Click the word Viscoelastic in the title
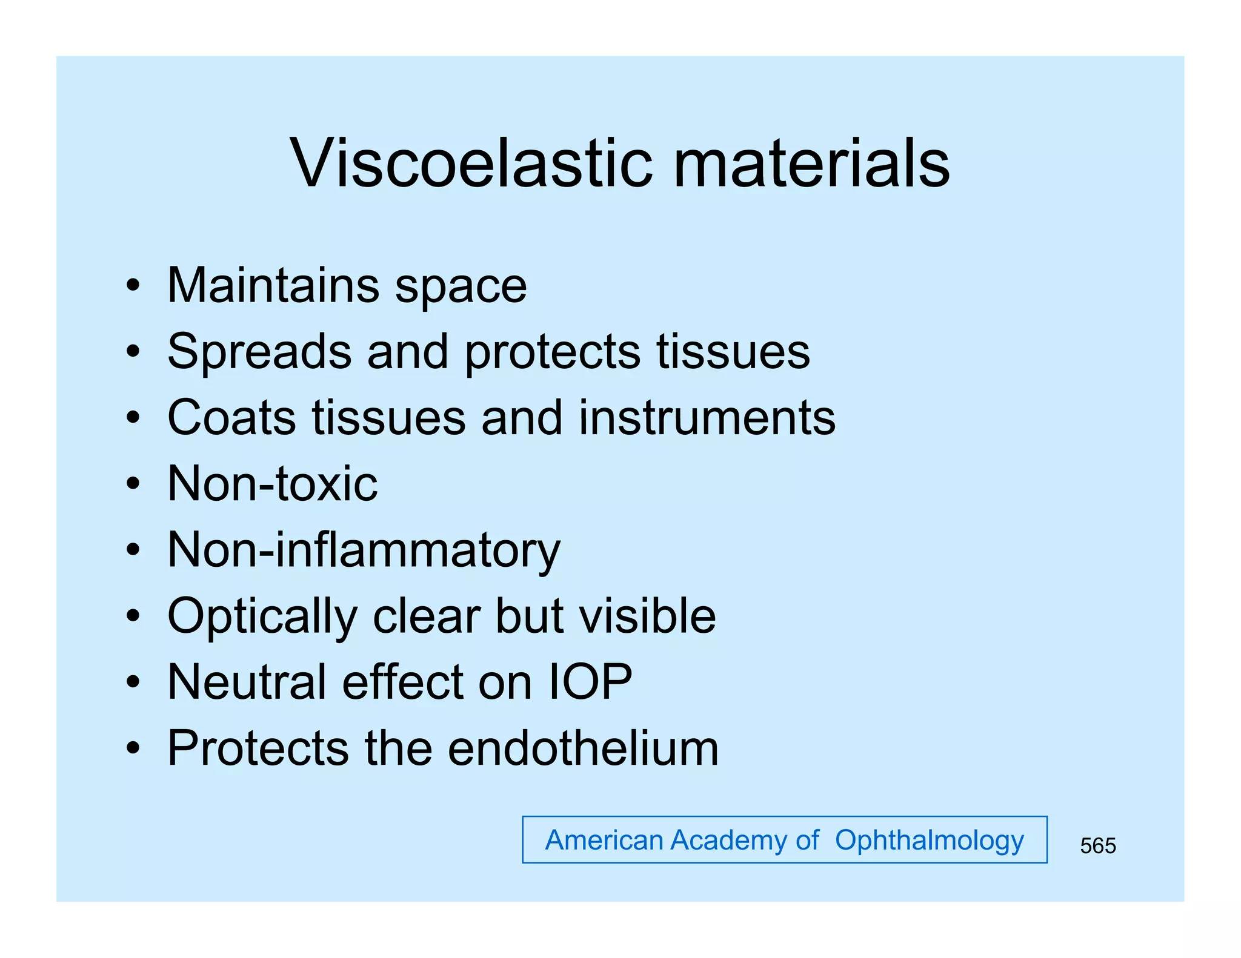(x=471, y=163)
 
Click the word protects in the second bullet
(x=552, y=352)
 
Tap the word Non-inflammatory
(x=364, y=550)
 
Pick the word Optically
(x=262, y=616)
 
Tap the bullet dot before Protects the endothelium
(x=133, y=749)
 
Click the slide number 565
(x=1097, y=845)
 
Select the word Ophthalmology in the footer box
(x=929, y=841)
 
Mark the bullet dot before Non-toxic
(x=133, y=484)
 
